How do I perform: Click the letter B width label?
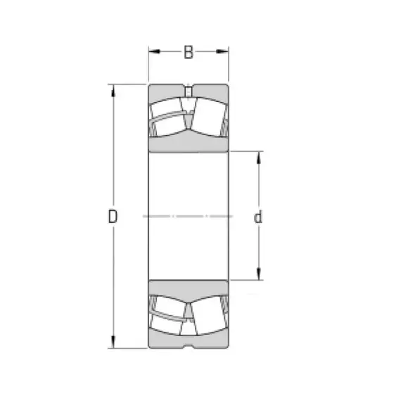pyautogui.click(x=189, y=52)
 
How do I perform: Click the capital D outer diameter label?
pyautogui.click(x=113, y=217)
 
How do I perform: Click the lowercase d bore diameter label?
pyautogui.click(x=258, y=217)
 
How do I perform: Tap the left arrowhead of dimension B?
pyautogui.click(x=154, y=51)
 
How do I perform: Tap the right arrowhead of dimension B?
pyautogui.click(x=222, y=51)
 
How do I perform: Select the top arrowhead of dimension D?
pyautogui.click(x=113, y=91)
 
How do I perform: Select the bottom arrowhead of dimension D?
pyautogui.click(x=113, y=342)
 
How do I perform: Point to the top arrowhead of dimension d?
pyautogui.click(x=259, y=158)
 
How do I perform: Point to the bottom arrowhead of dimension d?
pyautogui.click(x=259, y=274)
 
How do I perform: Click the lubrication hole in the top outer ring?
pyautogui.click(x=189, y=91)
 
